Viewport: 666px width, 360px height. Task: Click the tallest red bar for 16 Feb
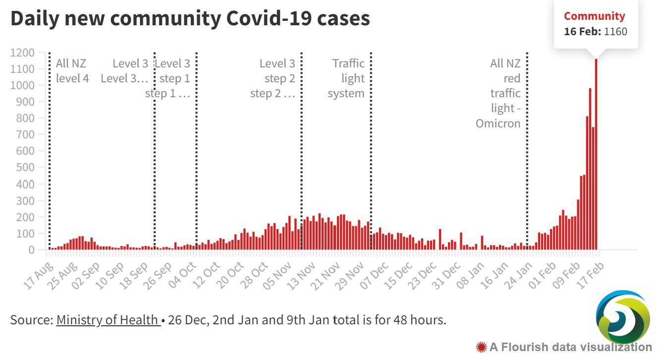pyautogui.click(x=596, y=154)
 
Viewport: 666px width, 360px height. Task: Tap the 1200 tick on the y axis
pyautogui.click(x=22, y=53)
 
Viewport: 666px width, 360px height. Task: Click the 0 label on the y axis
pyautogui.click(x=32, y=250)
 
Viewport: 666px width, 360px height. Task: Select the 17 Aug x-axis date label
pyautogui.click(x=39, y=276)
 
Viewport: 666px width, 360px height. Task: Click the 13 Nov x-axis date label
pyautogui.click(x=301, y=276)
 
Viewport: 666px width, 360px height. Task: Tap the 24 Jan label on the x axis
pyautogui.click(x=518, y=276)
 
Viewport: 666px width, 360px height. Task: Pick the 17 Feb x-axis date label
pyautogui.click(x=591, y=276)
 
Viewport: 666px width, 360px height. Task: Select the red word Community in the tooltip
pyautogui.click(x=594, y=16)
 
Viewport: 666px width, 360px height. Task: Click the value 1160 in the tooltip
pyautogui.click(x=616, y=32)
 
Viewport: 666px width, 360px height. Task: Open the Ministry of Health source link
pyautogui.click(x=108, y=320)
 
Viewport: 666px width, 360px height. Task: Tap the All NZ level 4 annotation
pyautogui.click(x=72, y=71)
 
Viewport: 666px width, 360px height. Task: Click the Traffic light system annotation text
pyautogui.click(x=346, y=78)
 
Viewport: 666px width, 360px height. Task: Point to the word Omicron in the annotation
pyautogui.click(x=498, y=123)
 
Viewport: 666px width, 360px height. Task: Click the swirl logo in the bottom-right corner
pyautogui.click(x=623, y=317)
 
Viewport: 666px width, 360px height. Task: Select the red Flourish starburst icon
pyautogui.click(x=481, y=347)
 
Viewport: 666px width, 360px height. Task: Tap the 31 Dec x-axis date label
pyautogui.click(x=446, y=276)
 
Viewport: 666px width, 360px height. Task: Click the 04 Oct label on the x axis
pyautogui.click(x=182, y=276)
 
